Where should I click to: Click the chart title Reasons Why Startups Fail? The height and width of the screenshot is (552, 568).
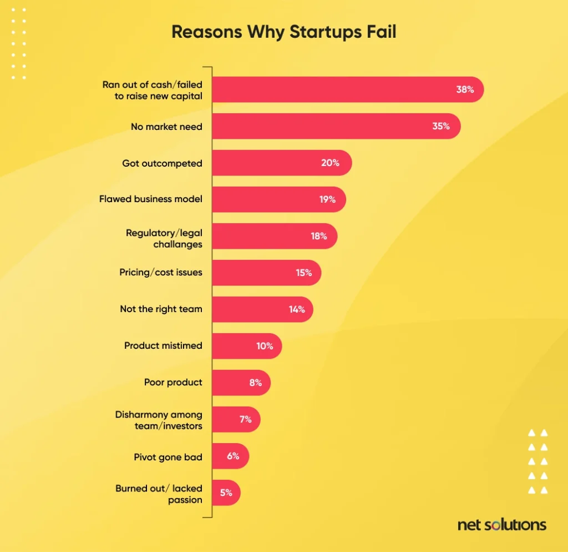(x=283, y=32)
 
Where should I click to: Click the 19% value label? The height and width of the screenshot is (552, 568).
(x=327, y=199)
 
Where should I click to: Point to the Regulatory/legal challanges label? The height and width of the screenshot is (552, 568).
(x=164, y=238)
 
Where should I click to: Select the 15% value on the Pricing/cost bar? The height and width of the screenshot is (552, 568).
(x=303, y=273)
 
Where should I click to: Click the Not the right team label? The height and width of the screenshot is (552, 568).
(x=161, y=309)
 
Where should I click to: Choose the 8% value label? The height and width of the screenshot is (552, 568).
(x=255, y=383)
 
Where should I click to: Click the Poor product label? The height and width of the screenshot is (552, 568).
(x=173, y=382)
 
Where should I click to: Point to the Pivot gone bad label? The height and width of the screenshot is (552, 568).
(x=168, y=457)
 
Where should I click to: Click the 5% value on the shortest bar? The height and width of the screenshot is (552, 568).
(x=226, y=493)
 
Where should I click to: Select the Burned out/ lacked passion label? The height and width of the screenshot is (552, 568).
(x=159, y=494)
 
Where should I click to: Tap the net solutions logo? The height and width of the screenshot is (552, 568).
(x=501, y=525)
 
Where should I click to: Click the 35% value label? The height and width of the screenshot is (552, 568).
(x=441, y=126)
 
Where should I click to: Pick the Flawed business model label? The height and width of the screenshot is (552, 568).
(x=151, y=199)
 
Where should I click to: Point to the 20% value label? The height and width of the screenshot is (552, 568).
(x=329, y=163)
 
